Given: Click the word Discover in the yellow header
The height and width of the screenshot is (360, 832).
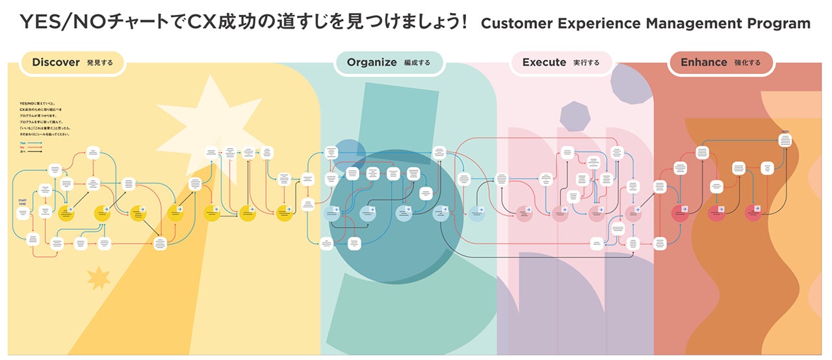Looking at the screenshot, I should coord(55,63).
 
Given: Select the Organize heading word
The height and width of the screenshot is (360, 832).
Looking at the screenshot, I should coord(371,63).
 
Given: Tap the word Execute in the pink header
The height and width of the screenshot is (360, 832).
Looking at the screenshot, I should coord(544,63).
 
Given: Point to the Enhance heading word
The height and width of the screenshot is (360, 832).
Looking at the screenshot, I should coord(703,63).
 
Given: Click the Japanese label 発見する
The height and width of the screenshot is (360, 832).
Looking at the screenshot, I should coord(100,64).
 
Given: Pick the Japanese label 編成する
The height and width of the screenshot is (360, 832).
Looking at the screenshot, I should coord(417,64).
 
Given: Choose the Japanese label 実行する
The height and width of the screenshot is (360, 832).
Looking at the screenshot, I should coord(586,64).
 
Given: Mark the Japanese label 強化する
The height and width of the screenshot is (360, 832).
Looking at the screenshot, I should coord(746,64).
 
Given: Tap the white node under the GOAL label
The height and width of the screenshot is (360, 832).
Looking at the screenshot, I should coord(786,139).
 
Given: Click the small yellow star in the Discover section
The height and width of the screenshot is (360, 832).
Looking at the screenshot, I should coord(99,278).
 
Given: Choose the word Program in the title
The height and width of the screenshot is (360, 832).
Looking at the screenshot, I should coord(779,24).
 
